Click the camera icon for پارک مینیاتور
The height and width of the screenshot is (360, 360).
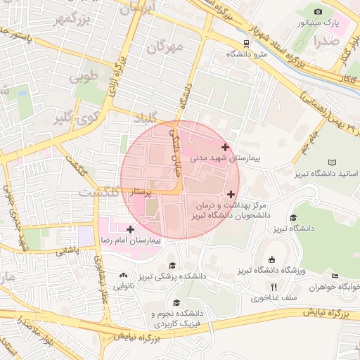(319, 12)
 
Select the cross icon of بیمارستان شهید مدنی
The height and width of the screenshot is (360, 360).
(225, 147)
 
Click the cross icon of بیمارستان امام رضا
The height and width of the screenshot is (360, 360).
(130, 229)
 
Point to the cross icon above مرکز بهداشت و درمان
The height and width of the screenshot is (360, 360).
(231, 193)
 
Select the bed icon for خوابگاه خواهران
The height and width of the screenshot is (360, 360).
(335, 275)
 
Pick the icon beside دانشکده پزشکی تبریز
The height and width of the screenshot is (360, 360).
(172, 266)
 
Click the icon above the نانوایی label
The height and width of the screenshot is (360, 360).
(124, 276)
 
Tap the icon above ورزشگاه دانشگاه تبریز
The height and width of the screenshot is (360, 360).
(271, 259)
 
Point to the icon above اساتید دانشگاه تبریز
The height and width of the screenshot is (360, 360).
(333, 162)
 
